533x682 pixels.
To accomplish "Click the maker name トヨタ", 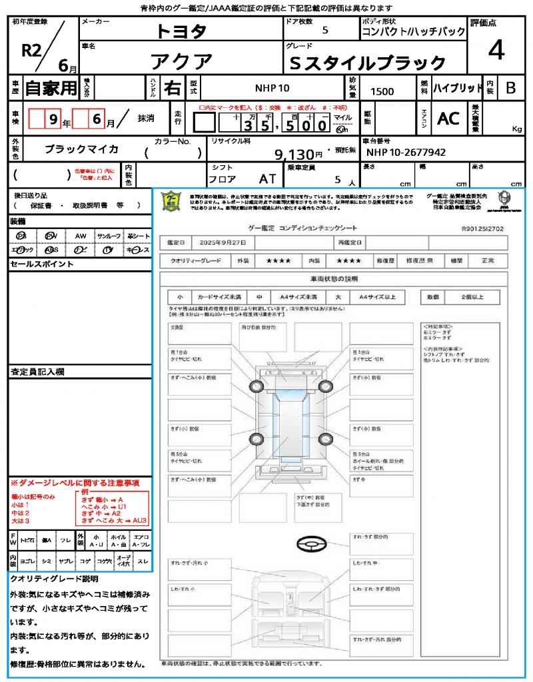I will click(181, 31).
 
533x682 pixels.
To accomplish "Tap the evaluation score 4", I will click(496, 51).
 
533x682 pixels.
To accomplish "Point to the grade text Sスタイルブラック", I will click(368, 63).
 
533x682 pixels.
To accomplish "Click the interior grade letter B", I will click(510, 88).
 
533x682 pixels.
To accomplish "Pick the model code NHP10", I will click(272, 88).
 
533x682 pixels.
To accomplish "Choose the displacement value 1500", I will click(382, 92).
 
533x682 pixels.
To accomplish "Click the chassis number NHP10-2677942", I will click(406, 153).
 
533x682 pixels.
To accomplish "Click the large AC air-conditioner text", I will click(448, 119).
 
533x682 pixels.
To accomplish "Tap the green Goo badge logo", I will click(171, 201).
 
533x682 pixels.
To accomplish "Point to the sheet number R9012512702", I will click(482, 228).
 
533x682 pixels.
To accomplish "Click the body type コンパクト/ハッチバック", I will click(413, 32).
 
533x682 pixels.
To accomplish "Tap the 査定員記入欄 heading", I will click(37, 371).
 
